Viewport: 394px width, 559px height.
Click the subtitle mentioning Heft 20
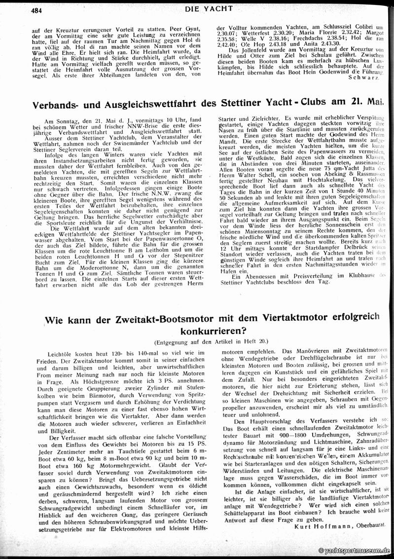tap(212, 342)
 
